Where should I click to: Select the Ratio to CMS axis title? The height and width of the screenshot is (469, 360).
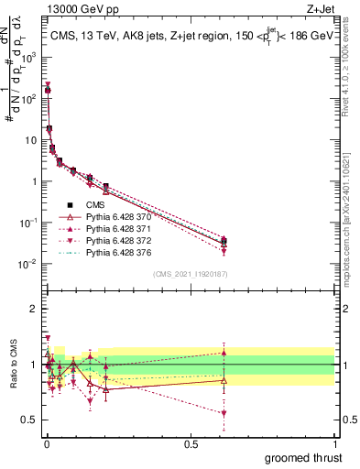[x=12, y=365]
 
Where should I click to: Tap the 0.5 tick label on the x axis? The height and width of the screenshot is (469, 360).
[x=190, y=444]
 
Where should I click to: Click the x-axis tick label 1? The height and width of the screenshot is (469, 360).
[x=335, y=444]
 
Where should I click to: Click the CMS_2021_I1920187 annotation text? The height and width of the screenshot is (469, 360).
[x=190, y=273]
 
